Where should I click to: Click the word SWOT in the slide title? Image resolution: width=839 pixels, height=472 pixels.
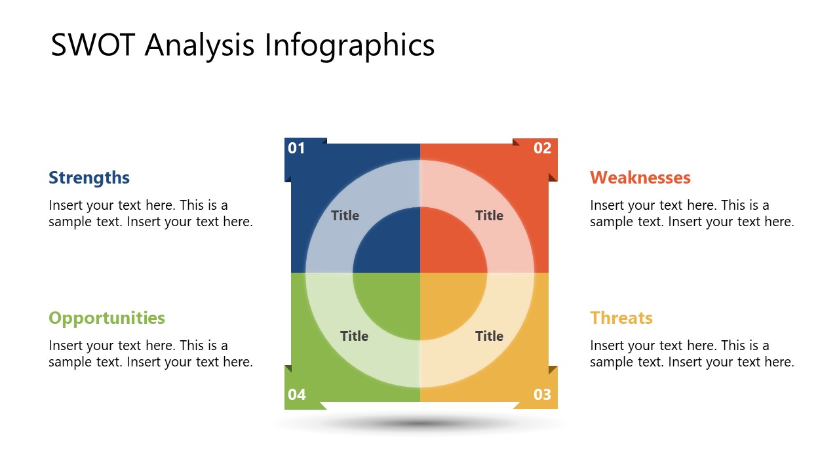[94, 45]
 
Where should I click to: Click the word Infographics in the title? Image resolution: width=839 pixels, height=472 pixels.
[349, 45]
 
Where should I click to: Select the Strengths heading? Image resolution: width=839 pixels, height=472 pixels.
[89, 178]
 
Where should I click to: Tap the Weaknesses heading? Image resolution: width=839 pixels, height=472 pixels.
[640, 178]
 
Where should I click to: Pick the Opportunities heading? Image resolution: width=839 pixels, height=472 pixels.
[107, 318]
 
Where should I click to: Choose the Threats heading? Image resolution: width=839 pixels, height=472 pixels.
[621, 318]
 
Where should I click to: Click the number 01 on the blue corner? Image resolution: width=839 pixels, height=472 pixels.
[297, 148]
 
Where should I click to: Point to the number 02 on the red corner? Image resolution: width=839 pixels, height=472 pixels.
[542, 148]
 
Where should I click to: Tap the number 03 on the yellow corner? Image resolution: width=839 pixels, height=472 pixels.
[542, 395]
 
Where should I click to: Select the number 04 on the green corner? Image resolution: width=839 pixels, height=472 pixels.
[297, 395]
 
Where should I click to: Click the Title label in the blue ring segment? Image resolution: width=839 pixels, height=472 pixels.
[345, 216]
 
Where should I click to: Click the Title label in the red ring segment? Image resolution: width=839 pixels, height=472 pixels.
[489, 216]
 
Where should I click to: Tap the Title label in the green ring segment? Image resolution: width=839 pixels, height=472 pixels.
[354, 336]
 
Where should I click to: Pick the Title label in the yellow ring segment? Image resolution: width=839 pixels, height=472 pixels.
[489, 336]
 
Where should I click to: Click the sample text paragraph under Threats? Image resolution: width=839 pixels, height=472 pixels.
[692, 353]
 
